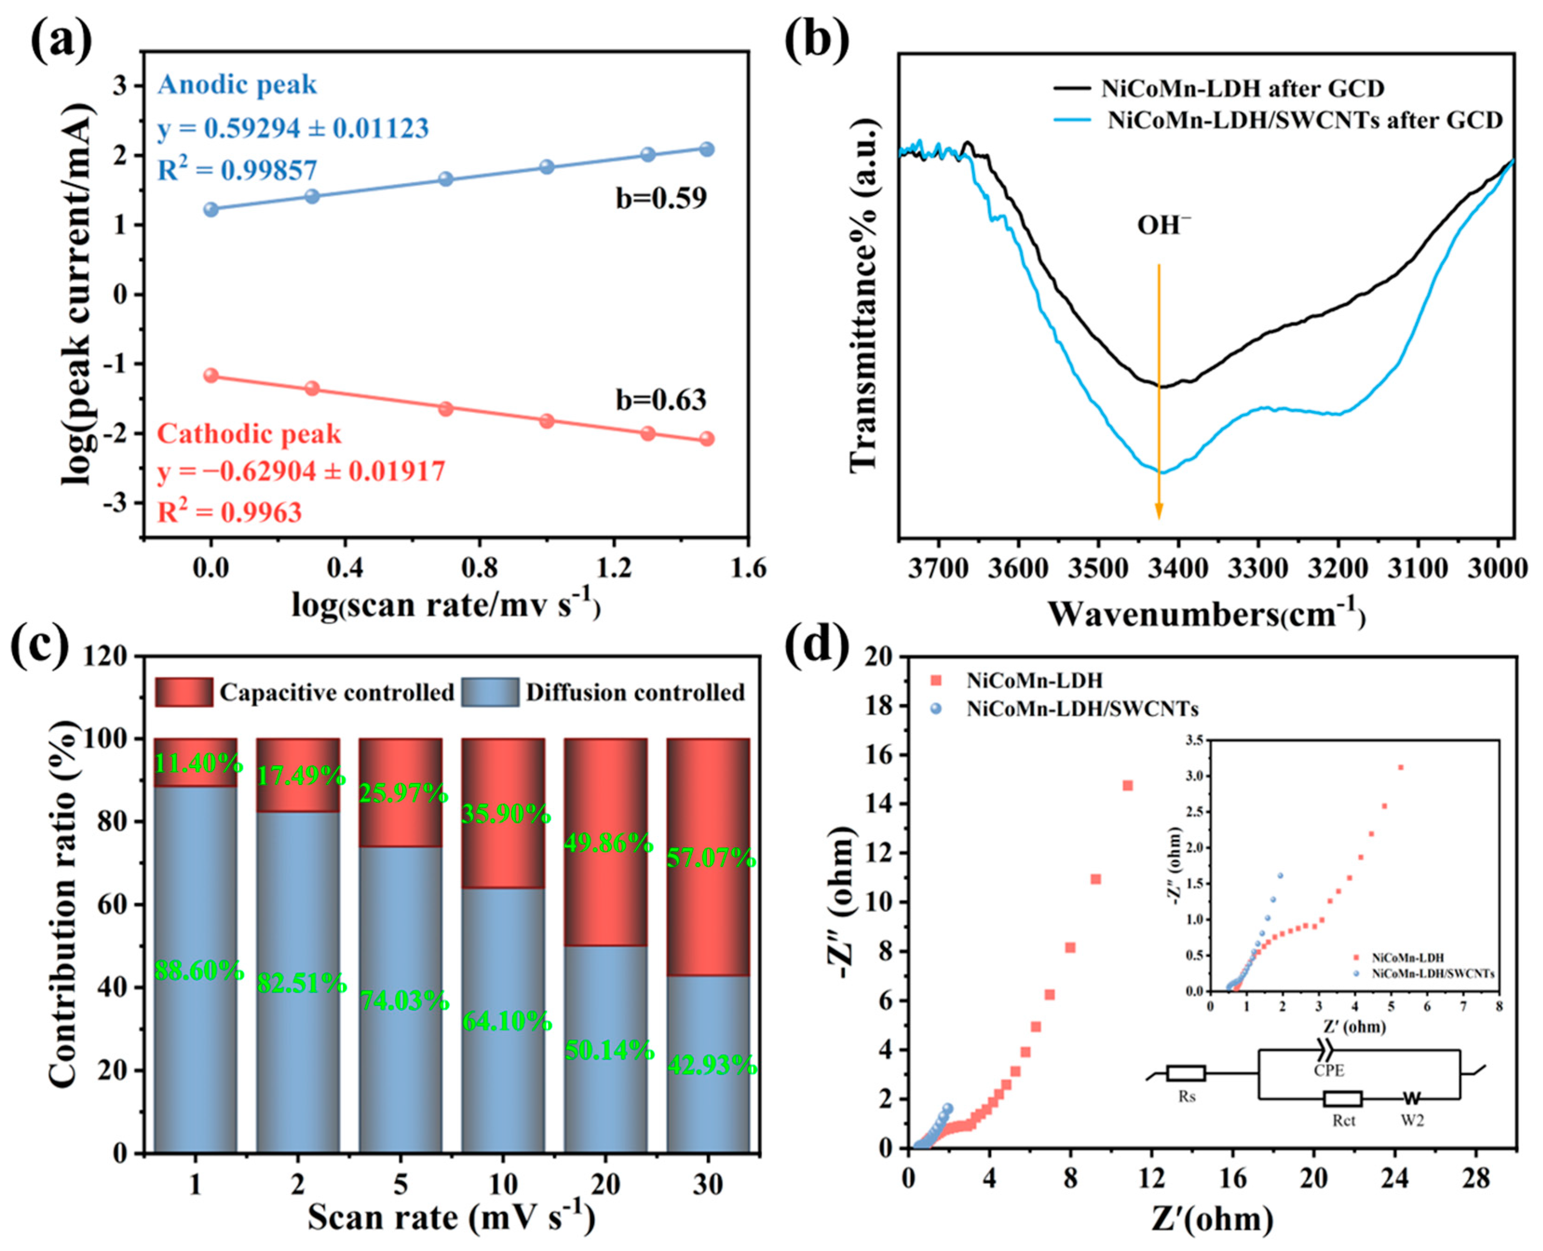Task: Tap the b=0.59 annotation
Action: (x=661, y=198)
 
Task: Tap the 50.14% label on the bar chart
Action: (x=609, y=1051)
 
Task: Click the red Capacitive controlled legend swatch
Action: (x=184, y=692)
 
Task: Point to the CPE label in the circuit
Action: (x=1328, y=1071)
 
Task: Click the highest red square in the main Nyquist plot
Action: (x=1128, y=785)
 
